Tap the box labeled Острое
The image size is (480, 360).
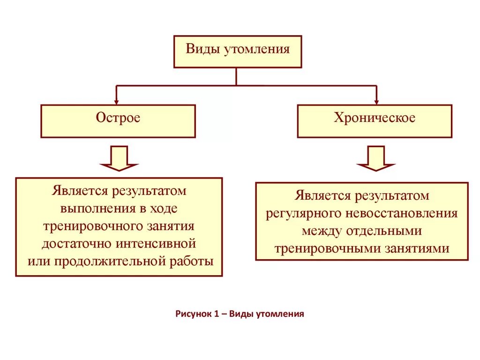tap(118, 121)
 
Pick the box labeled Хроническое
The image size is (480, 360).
tap(375, 121)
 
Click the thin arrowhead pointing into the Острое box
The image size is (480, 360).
tap(117, 101)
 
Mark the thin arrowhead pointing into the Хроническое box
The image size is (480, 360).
tap(376, 101)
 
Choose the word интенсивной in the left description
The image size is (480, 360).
tap(155, 244)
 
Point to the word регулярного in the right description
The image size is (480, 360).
tap(304, 214)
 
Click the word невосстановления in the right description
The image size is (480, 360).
tap(402, 214)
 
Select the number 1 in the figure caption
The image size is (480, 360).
tap(217, 314)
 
